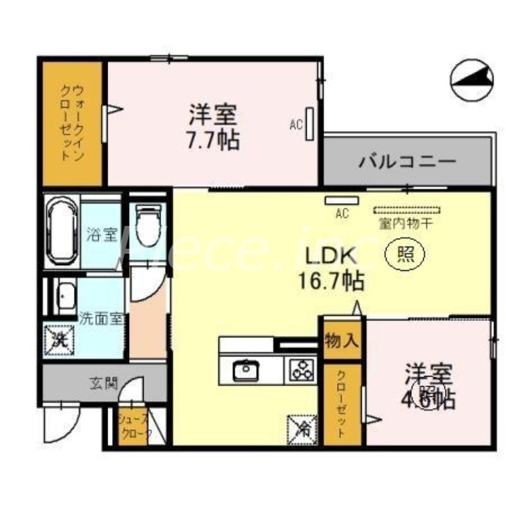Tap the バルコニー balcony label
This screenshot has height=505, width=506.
pyautogui.click(x=407, y=161)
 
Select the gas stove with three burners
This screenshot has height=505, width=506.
pyautogui.click(x=302, y=370)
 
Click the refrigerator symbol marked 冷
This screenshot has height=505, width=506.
pyautogui.click(x=302, y=428)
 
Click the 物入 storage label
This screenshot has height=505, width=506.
pyautogui.click(x=342, y=341)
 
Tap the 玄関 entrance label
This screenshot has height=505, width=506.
pyautogui.click(x=103, y=383)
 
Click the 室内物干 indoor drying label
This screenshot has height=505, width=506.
pyautogui.click(x=405, y=223)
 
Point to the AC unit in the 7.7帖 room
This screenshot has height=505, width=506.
pyautogui.click(x=311, y=124)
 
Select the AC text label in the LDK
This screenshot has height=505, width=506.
pyautogui.click(x=342, y=214)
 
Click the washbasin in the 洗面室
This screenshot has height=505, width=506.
pyautogui.click(x=65, y=296)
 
